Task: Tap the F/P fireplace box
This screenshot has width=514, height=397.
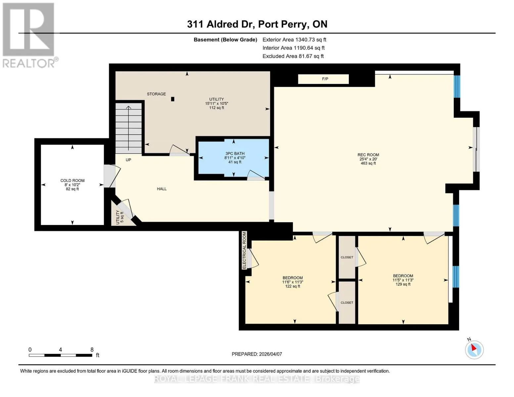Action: pos(323,79)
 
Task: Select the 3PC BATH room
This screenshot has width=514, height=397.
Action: pos(233,158)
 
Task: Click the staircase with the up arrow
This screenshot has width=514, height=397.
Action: pos(128,128)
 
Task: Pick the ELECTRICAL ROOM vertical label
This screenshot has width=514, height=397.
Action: pos(244,250)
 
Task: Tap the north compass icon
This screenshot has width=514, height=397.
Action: pos(474,350)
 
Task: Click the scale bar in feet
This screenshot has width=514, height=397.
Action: pos(61,355)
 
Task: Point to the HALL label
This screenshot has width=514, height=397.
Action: pos(162,189)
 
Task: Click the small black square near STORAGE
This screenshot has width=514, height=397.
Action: pos(173,99)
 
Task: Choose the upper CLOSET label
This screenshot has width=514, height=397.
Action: pos(347,257)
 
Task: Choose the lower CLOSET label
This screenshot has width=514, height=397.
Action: pos(347,303)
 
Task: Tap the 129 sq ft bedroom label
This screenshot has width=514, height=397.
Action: pos(403,280)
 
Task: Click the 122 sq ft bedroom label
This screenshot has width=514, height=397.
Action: pos(293,282)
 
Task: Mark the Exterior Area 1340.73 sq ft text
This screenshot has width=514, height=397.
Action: pos(294,40)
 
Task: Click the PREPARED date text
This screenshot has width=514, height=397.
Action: pos(257,354)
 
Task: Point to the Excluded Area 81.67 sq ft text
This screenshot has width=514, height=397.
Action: pos(293,56)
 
